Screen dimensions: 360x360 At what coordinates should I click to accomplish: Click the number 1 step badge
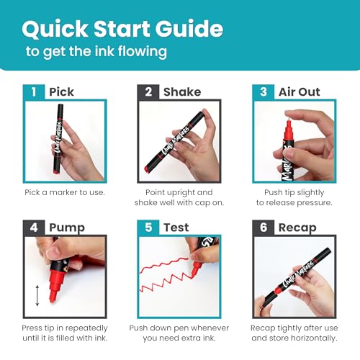click(x=34, y=91)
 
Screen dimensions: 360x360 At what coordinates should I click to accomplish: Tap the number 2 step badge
click(x=148, y=91)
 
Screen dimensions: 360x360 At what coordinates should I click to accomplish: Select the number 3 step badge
click(x=263, y=91)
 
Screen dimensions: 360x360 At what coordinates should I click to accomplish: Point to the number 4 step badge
click(x=34, y=228)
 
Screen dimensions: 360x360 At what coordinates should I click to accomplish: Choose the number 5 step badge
click(x=148, y=228)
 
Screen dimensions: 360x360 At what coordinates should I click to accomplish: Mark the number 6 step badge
click(x=263, y=228)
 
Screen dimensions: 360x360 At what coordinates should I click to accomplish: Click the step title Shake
click(x=182, y=92)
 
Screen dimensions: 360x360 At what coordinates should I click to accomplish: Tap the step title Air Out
click(x=300, y=92)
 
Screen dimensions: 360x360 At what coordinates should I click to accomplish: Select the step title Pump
click(x=67, y=228)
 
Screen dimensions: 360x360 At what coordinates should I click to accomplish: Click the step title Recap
click(x=297, y=228)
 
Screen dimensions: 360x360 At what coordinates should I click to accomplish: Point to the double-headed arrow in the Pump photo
click(x=37, y=295)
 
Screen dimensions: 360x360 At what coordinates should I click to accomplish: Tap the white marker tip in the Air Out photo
click(x=289, y=118)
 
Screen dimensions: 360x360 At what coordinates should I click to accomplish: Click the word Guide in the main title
click(x=189, y=29)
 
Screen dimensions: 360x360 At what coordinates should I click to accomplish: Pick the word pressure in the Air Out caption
click(x=315, y=203)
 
